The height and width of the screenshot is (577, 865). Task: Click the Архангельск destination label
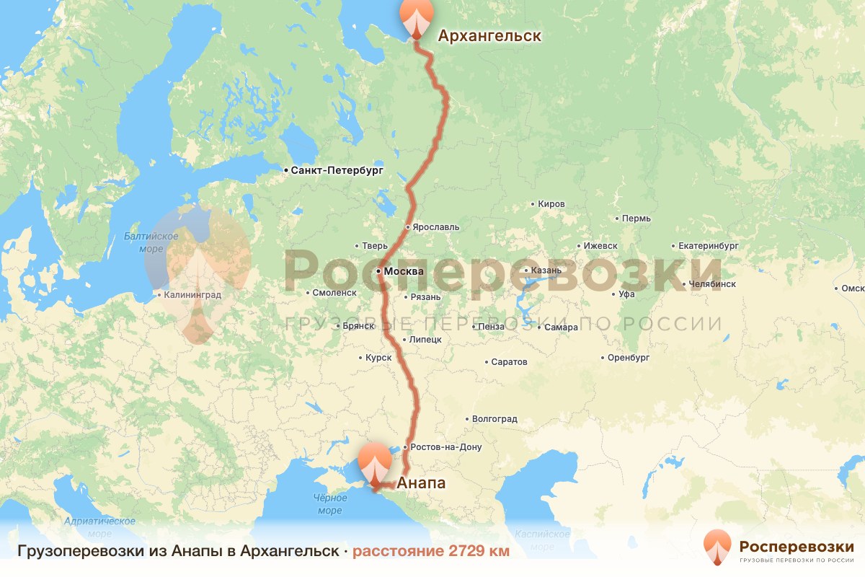(x=489, y=35)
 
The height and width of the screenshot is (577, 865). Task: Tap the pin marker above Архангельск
(x=418, y=17)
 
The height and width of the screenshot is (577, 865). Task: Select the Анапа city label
(x=422, y=483)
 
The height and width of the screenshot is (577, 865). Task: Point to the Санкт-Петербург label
(x=337, y=171)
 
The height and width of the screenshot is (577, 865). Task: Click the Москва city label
(x=404, y=272)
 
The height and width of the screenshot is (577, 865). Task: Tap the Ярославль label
(x=435, y=227)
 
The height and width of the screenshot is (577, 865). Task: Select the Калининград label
(x=192, y=295)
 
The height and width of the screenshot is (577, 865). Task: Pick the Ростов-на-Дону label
(x=446, y=447)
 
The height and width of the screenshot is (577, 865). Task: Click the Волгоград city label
(x=494, y=419)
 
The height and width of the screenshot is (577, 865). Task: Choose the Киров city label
(x=551, y=204)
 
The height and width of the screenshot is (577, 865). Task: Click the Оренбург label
(x=629, y=358)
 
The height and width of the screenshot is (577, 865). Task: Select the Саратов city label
(x=509, y=362)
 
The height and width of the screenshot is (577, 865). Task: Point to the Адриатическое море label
(x=100, y=527)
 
